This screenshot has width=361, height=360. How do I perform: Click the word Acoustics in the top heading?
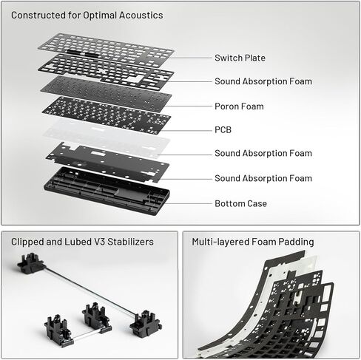point(141,16)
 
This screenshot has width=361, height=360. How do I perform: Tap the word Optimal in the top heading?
point(100,16)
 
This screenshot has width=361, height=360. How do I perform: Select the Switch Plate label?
point(240,58)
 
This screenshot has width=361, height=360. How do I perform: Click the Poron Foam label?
point(239,106)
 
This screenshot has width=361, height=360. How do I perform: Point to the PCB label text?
point(223,130)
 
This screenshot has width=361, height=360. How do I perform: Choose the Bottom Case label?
point(240,203)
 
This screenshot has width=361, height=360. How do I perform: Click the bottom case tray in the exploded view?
point(107,191)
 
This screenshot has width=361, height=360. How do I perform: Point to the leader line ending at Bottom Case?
point(189,204)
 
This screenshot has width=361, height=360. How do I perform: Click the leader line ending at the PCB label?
point(186,130)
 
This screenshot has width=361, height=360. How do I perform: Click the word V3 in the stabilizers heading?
point(99,242)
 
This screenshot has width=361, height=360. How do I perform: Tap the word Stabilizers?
point(130,242)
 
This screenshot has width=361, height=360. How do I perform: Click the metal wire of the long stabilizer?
point(91,291)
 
